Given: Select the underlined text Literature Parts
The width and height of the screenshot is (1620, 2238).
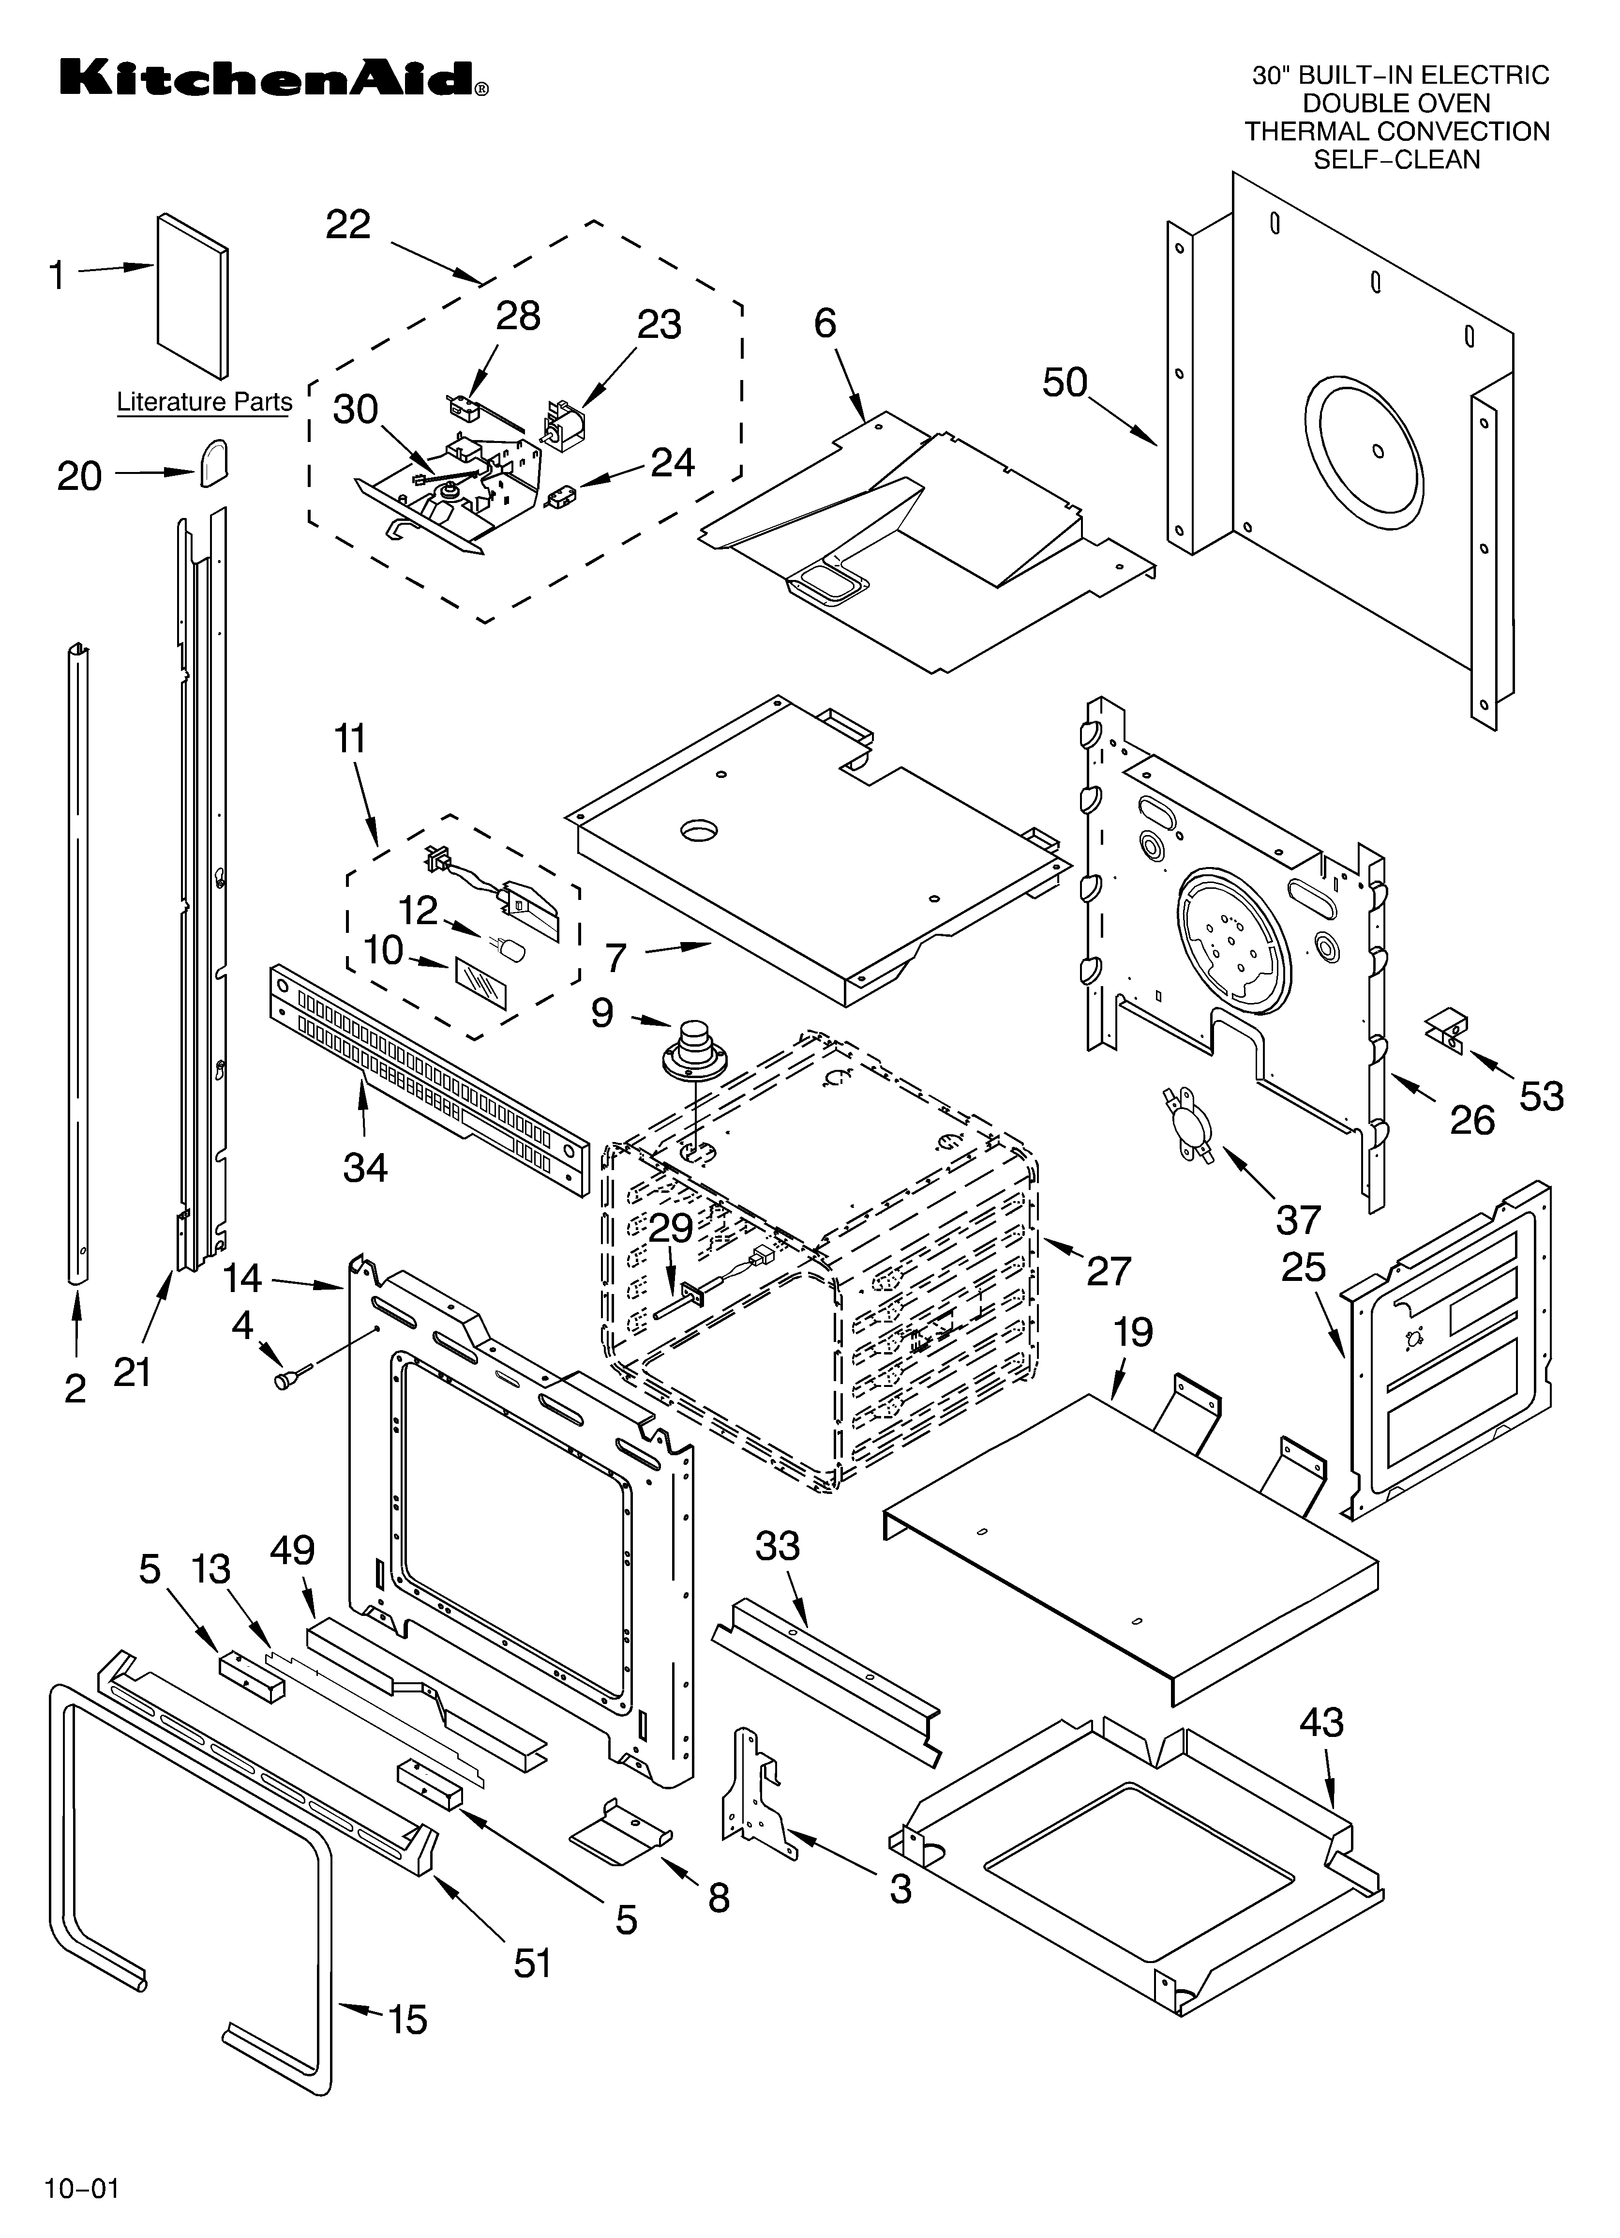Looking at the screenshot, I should click(204, 403).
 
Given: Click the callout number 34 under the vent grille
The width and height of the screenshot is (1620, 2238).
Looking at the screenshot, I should click(365, 1167).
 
